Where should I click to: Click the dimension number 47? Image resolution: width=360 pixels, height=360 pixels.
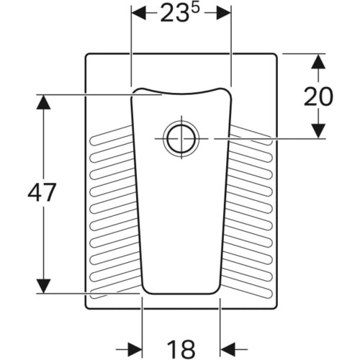click(x=42, y=192)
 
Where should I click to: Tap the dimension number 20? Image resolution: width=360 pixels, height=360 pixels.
click(x=318, y=96)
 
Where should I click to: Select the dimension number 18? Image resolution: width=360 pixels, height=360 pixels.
click(x=181, y=349)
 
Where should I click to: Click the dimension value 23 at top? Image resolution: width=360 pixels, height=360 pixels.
click(x=174, y=14)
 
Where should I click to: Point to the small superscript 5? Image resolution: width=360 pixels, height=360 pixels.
click(x=196, y=9)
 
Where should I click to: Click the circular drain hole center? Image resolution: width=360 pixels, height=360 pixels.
click(x=181, y=139)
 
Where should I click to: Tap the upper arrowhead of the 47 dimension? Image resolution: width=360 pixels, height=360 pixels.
click(x=43, y=102)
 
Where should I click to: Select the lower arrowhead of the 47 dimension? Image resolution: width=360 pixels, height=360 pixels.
click(x=43, y=286)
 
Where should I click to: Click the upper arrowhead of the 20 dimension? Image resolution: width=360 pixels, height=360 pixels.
click(x=318, y=61)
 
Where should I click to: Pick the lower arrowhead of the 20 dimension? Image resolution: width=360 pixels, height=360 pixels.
click(x=318, y=131)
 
